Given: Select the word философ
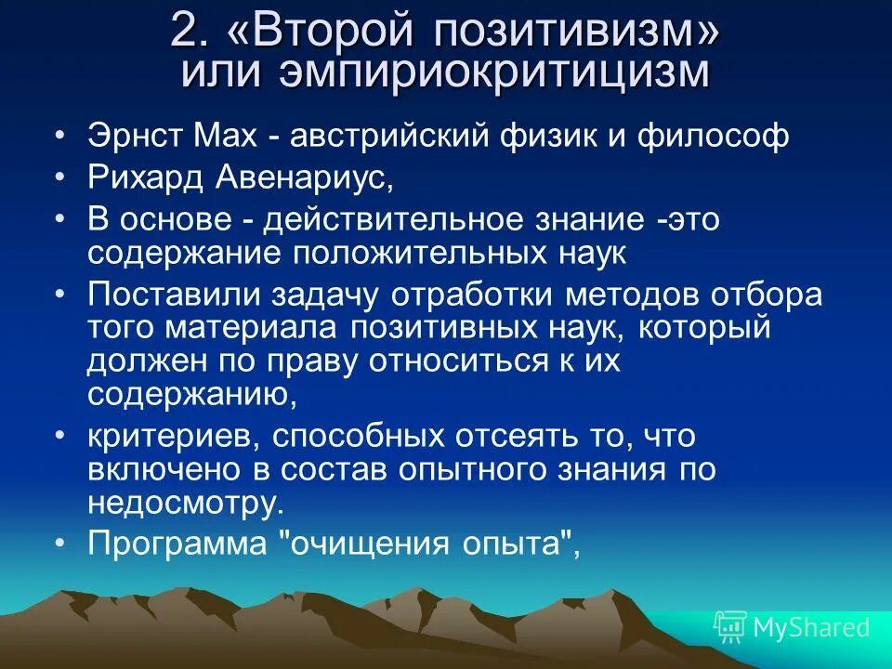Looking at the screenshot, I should click(x=713, y=137).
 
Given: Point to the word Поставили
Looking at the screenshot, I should click(x=176, y=295).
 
